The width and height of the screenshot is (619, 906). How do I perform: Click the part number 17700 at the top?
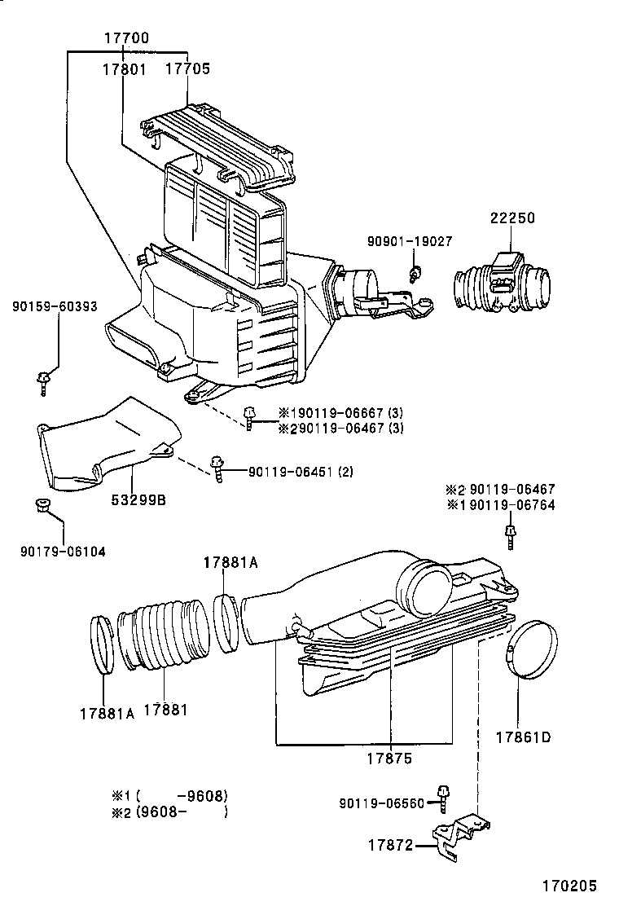click(126, 38)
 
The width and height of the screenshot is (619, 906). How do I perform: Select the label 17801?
click(124, 69)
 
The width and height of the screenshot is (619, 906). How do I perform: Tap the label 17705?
click(187, 69)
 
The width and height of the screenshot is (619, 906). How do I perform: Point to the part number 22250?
click(512, 218)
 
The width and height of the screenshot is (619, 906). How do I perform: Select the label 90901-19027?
click(409, 242)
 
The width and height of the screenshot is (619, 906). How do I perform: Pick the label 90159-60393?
click(55, 306)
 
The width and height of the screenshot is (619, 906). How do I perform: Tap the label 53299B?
click(138, 500)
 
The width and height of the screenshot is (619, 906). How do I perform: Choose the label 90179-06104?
click(63, 552)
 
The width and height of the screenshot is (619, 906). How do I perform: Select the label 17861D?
click(523, 738)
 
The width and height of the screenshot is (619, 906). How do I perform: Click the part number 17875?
click(389, 758)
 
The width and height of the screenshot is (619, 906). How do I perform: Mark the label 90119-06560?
click(382, 803)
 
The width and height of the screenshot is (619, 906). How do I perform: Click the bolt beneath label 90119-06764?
click(511, 536)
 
